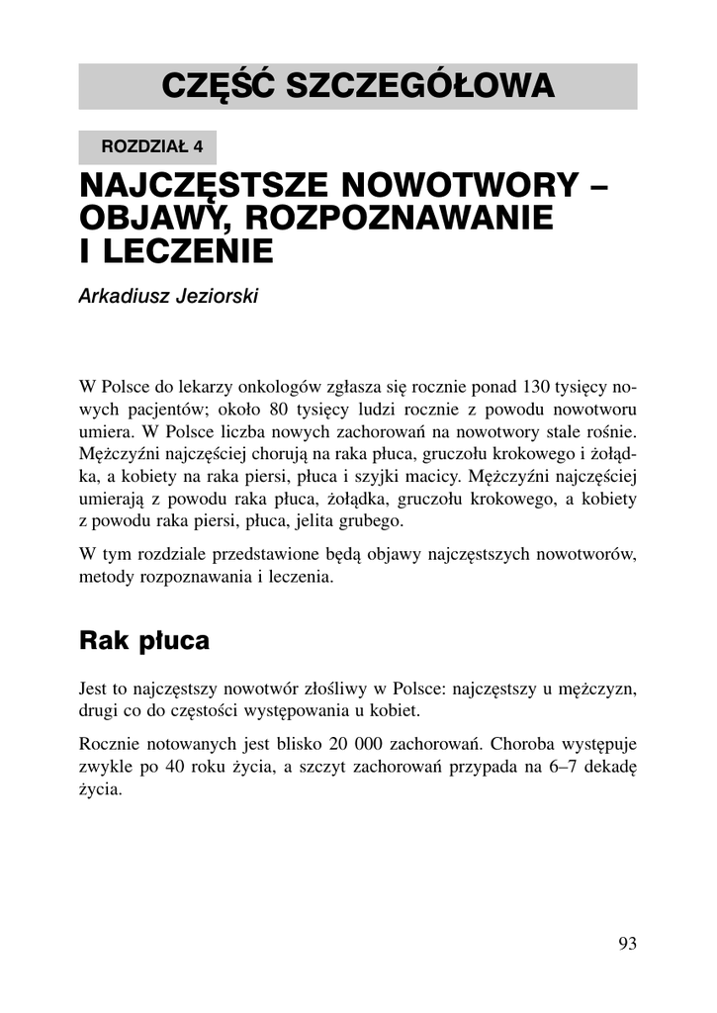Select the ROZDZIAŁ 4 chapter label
pos(147,146)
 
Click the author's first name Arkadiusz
pos(123,297)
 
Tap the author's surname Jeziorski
pos(215,297)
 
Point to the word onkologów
pos(244,384)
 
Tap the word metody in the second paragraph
pos(103,577)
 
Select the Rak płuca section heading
pos(144,641)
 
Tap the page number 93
pos(627,943)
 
